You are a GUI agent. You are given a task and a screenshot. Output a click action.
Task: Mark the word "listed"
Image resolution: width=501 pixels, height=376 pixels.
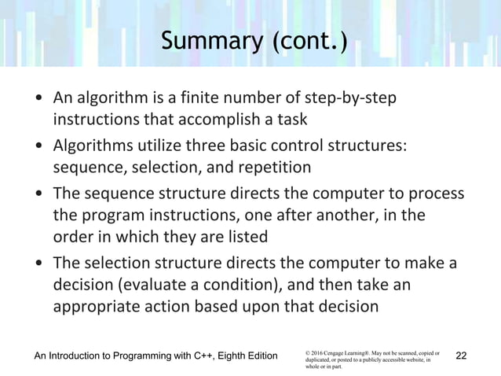point(246,237)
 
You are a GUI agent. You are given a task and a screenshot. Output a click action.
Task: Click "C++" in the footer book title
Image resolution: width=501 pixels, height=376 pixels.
point(208,357)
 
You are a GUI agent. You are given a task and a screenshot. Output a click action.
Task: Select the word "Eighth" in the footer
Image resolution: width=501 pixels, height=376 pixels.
point(238,357)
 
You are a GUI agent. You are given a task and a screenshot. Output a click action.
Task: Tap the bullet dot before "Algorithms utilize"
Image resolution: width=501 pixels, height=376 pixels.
point(38,147)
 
